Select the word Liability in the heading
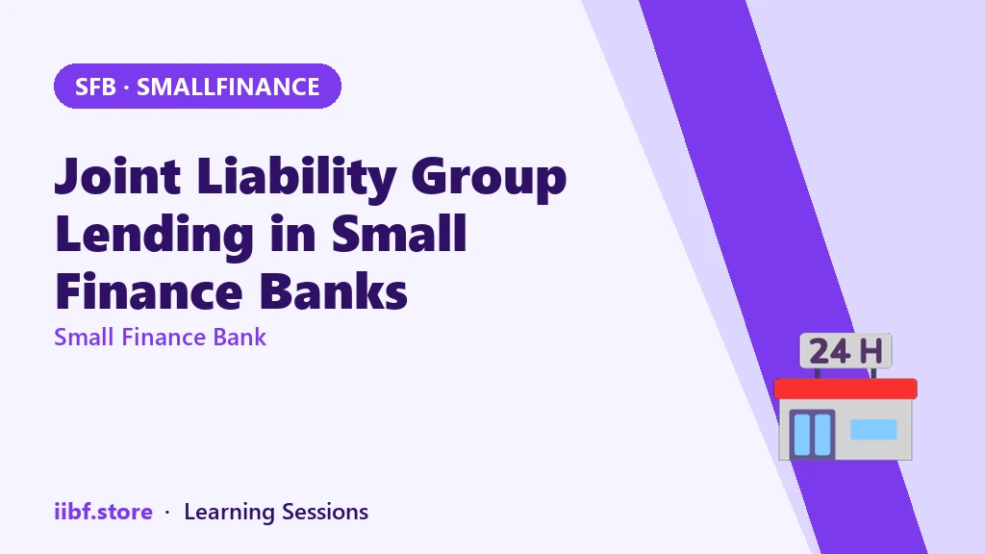(296, 178)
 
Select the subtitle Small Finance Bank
(161, 338)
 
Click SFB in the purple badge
(95, 87)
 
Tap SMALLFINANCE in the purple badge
(228, 87)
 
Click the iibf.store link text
(103, 512)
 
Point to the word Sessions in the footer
(325, 512)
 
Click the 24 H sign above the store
(846, 350)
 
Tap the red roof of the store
(846, 389)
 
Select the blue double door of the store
(812, 434)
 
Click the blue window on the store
(873, 430)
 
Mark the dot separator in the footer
(167, 513)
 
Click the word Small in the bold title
(399, 233)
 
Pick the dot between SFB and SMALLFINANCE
(126, 88)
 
